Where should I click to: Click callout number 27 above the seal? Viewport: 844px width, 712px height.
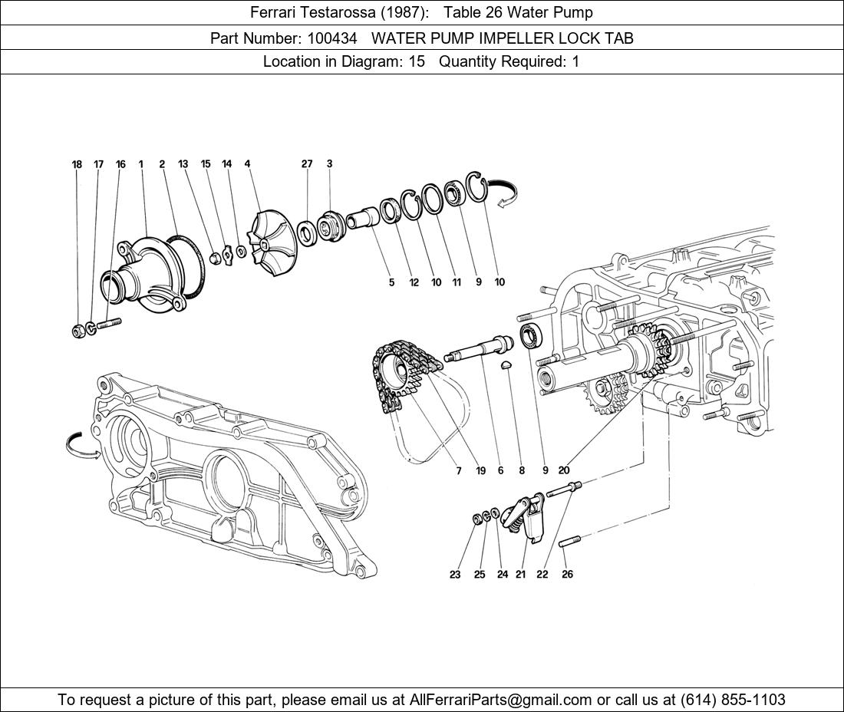[307, 164]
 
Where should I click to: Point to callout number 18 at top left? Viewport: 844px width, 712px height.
[77, 164]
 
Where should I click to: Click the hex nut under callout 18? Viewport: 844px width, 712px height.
[77, 331]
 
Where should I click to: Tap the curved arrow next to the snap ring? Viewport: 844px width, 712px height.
[505, 192]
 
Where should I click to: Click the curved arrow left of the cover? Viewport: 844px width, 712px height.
[83, 444]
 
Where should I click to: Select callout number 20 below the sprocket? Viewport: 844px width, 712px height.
[564, 470]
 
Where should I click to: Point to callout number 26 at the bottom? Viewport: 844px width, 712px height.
[567, 575]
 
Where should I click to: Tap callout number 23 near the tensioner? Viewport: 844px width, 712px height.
[455, 575]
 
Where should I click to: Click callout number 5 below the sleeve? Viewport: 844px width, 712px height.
[391, 282]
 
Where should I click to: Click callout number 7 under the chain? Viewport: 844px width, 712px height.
[459, 470]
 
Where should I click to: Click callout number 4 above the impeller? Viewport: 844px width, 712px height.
[247, 164]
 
